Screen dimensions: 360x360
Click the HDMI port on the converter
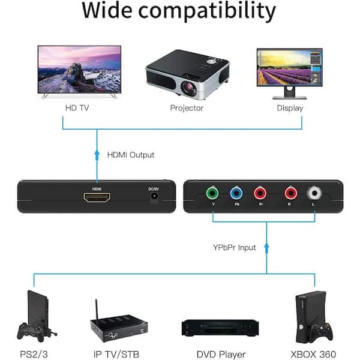coord(97,197)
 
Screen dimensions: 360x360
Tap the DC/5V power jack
coord(154,197)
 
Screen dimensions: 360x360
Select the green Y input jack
coord(212,193)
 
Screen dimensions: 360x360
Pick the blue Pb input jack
coord(236,193)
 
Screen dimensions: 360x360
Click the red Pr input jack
coord(260,193)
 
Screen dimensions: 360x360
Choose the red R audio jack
coord(290,193)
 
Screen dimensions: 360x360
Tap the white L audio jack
coord(314,193)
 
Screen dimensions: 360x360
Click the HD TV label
coord(77,107)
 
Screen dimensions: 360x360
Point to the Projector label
coord(187,108)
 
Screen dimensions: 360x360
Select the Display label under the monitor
coord(290,108)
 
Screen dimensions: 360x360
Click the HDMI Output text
coord(131,155)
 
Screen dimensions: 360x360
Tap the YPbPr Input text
coord(235,247)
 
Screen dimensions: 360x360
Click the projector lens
coord(189,88)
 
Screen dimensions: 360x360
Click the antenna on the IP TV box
coord(97,310)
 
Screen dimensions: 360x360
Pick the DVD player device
coord(220,328)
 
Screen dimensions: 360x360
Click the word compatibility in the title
coord(207,11)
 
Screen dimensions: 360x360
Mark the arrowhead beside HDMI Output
coord(97,154)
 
